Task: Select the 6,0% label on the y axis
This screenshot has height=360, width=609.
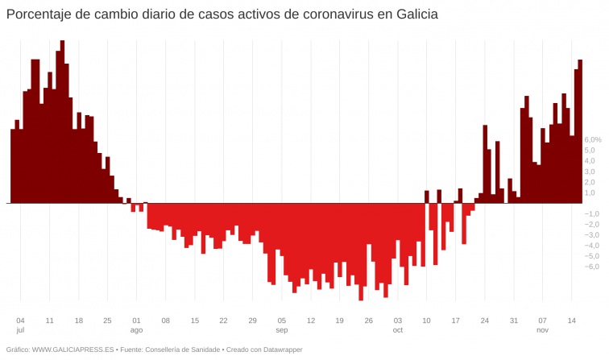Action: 593,139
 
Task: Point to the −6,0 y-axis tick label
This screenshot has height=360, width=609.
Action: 591,267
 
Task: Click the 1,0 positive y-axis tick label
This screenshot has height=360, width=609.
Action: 590,192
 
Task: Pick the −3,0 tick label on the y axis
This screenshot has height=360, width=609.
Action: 591,235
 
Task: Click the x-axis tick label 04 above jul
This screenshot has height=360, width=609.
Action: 20,321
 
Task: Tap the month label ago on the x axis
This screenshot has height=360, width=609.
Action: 136,331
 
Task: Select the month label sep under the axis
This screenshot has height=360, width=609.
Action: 281,331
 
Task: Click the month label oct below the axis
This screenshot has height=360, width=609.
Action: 397,331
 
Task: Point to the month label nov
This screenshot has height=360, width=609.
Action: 542,331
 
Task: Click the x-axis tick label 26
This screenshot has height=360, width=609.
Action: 368,321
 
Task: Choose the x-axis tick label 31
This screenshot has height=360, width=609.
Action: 513,321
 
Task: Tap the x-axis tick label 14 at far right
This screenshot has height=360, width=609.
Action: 571,321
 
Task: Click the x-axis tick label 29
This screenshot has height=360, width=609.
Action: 252,321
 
